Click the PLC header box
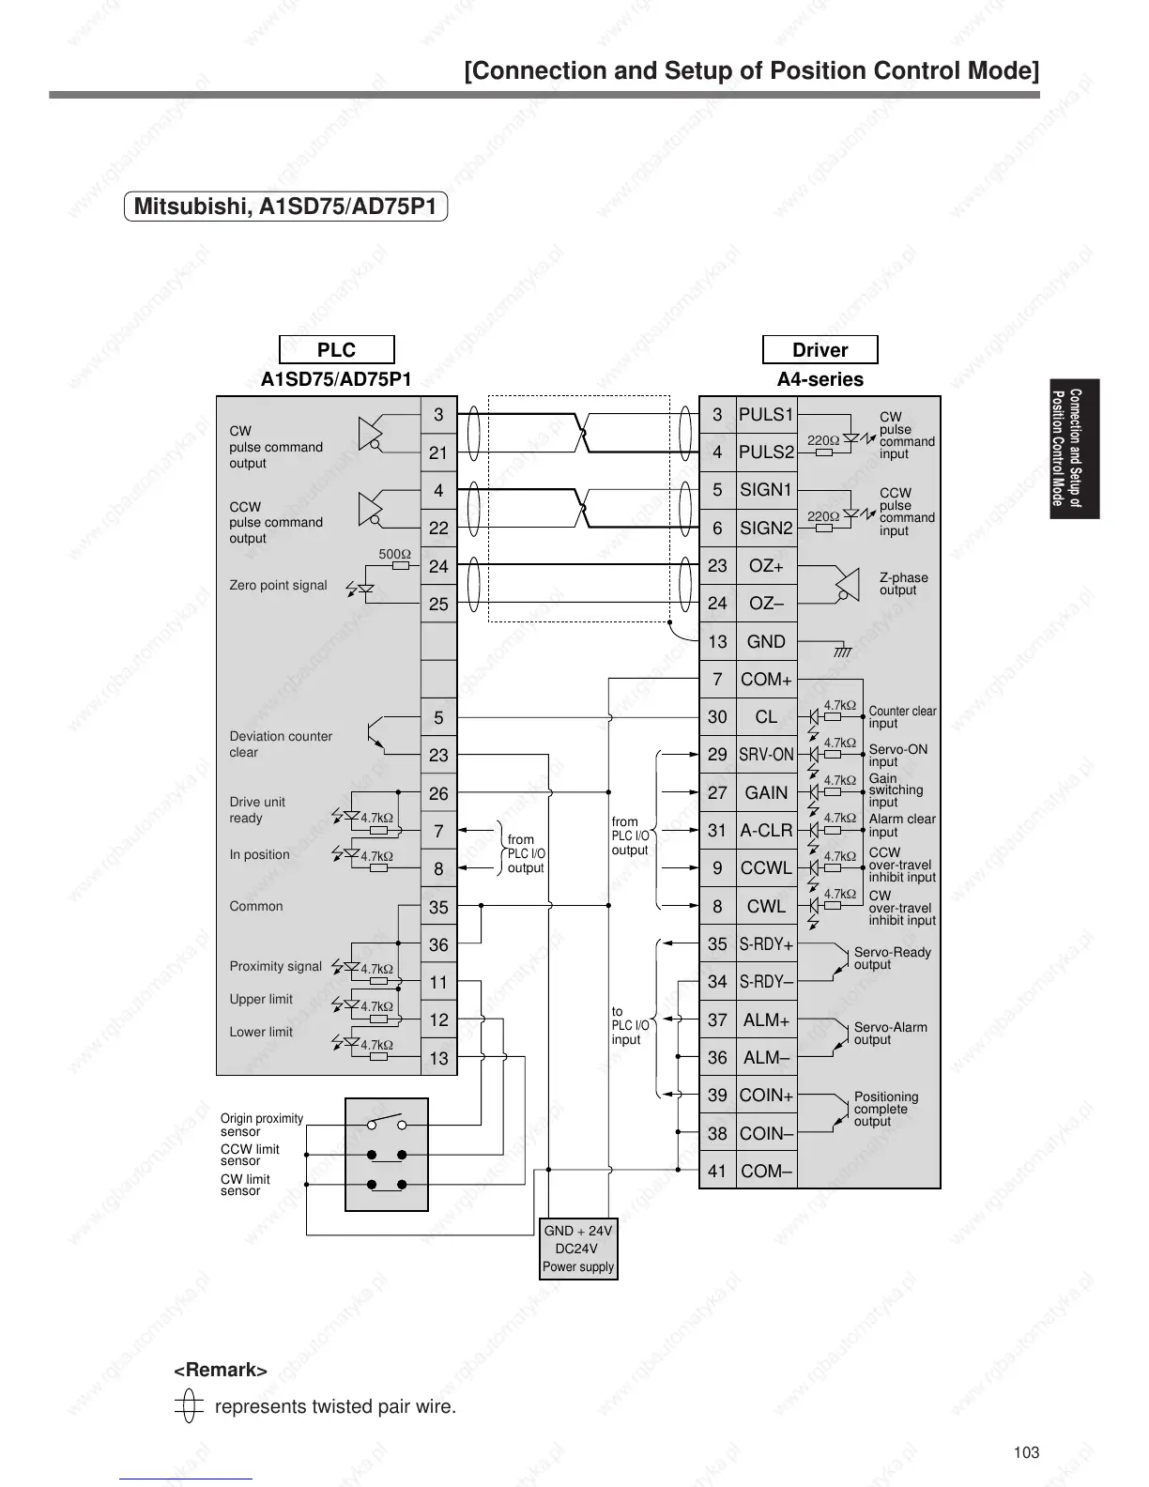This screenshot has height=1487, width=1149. point(336,350)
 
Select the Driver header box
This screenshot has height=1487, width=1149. point(820,350)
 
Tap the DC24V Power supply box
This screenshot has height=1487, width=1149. point(578,1249)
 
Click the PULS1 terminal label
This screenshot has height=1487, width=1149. point(766,415)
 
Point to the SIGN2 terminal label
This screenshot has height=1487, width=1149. point(766,529)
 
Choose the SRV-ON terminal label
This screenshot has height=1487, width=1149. point(766,755)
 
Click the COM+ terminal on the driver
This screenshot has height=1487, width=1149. point(766,680)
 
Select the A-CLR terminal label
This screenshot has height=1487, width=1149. point(766,831)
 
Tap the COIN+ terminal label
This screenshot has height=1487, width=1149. point(766,1096)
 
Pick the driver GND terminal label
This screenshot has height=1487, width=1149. point(766,642)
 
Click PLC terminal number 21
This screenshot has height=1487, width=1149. point(438,452)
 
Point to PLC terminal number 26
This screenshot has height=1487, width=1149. point(438,794)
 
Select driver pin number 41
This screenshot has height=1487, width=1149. point(717,1172)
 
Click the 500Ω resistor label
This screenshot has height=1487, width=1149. point(394,554)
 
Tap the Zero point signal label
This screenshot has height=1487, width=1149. point(278,585)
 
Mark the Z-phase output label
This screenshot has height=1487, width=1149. point(903,584)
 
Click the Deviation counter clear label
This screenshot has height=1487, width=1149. point(281,744)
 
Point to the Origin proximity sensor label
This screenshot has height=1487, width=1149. point(262,1125)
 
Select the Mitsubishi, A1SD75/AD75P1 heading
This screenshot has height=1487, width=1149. point(285,207)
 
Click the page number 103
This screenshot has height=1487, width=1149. point(1026,1452)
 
